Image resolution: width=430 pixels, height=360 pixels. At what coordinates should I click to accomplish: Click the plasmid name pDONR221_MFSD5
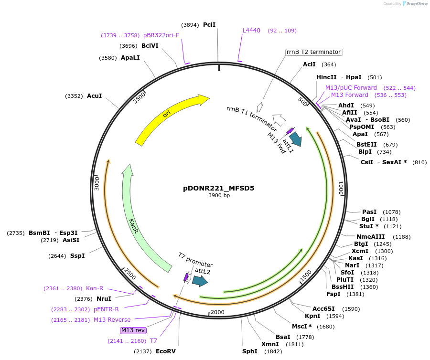click(219, 188)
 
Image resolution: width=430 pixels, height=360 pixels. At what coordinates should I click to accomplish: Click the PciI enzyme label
click(209, 24)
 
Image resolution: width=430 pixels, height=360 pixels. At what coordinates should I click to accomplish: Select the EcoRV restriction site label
click(166, 351)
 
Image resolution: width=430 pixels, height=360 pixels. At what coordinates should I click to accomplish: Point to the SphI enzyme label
click(249, 351)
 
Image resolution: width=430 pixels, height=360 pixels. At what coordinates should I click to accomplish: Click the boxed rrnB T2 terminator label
click(314, 52)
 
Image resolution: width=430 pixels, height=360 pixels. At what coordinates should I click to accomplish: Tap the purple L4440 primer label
click(251, 31)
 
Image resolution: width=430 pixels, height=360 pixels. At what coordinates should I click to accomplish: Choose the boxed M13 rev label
click(133, 330)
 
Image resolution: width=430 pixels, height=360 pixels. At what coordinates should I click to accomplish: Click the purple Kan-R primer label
click(95, 288)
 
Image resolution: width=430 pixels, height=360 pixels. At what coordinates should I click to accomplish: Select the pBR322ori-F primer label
click(161, 35)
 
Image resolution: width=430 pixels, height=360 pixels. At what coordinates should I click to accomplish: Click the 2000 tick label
click(217, 312)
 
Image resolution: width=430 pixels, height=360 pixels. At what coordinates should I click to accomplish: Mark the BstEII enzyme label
click(367, 145)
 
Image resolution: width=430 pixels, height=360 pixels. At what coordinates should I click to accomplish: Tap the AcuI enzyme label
click(94, 96)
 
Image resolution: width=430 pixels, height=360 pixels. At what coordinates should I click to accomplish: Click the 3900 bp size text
click(219, 196)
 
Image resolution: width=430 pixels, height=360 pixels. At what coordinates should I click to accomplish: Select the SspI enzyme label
click(77, 256)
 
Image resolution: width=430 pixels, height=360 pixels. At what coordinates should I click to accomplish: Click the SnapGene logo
click(415, 4)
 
